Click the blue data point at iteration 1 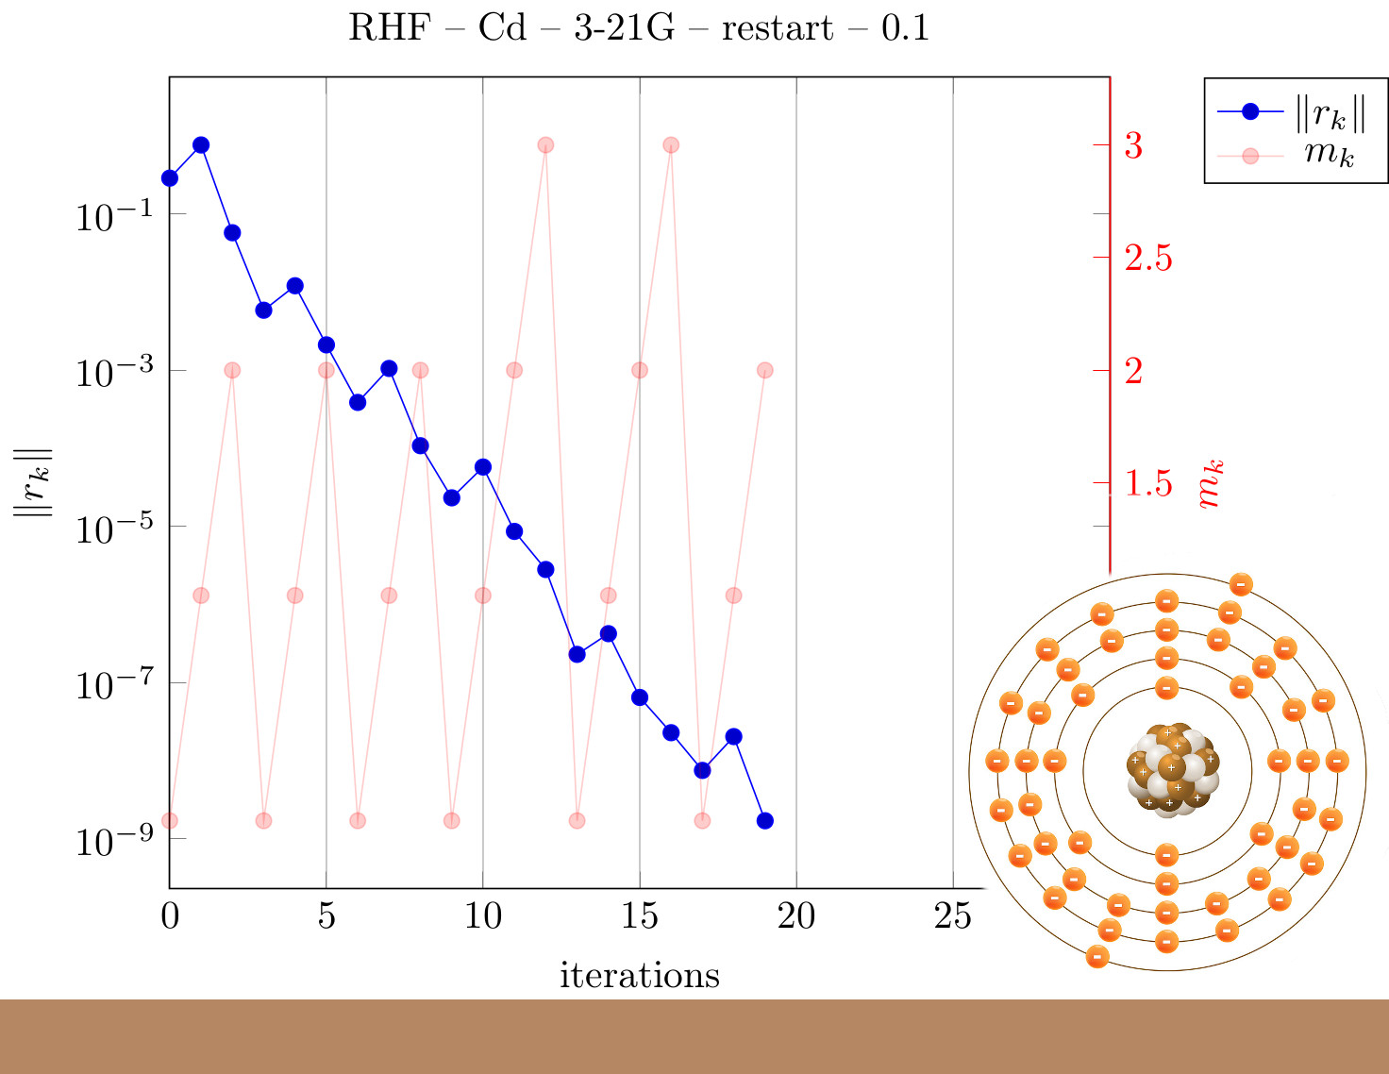[x=201, y=145]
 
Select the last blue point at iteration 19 [x=765, y=820]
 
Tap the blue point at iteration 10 [x=483, y=467]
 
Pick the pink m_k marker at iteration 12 [x=545, y=145]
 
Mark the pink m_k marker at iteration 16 [x=671, y=145]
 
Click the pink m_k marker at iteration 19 [x=765, y=370]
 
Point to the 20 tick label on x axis [x=795, y=916]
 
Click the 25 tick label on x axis [x=952, y=916]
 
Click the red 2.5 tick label [x=1148, y=258]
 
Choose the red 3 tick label [x=1133, y=145]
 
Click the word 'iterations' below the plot [x=640, y=975]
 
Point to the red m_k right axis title [x=1210, y=484]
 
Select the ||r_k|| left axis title [x=33, y=482]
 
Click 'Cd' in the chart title [x=502, y=28]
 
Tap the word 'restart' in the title [x=778, y=29]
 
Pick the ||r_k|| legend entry [x=1291, y=112]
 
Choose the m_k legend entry [x=1285, y=156]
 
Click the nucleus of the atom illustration [x=1172, y=770]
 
